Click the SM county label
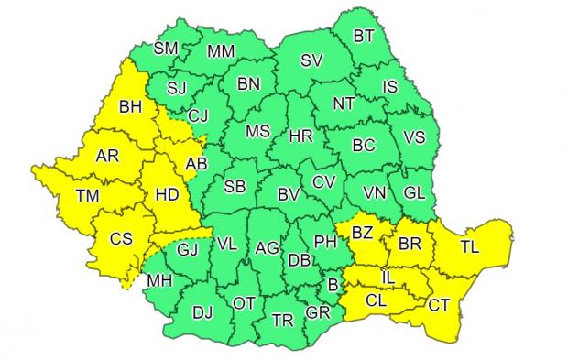166,49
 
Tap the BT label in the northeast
365,38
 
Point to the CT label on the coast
439,306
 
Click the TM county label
89,195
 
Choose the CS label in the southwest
121,239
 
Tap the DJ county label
202,312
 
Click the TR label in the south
284,322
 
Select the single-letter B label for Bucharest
334,287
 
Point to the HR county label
300,136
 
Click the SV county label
312,62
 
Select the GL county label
413,192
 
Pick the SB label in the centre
235,187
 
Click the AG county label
267,247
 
